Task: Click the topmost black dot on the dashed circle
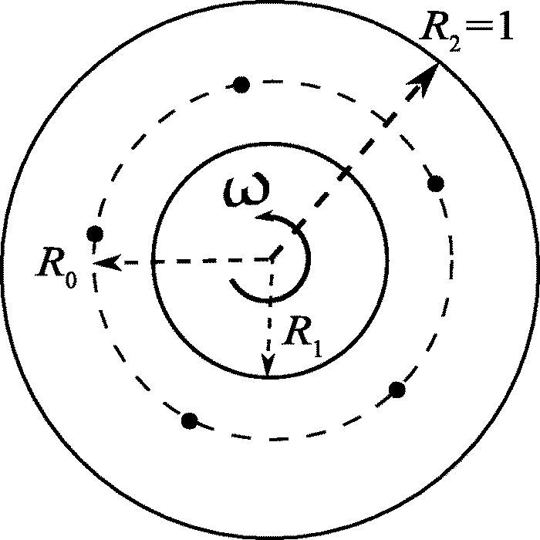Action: coord(241,84)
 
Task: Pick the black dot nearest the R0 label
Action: coord(95,233)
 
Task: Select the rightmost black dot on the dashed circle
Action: coord(436,184)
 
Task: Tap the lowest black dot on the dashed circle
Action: coord(189,420)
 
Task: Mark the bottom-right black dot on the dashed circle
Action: coord(397,390)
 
